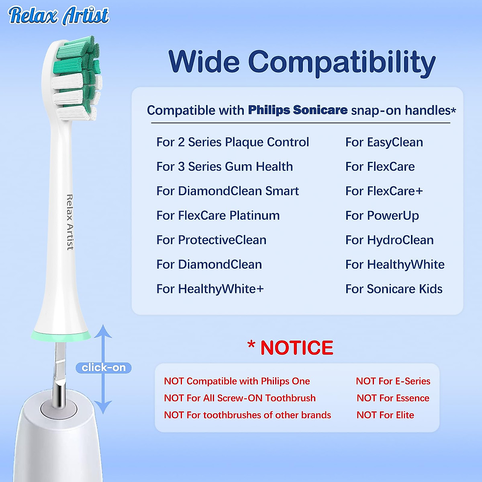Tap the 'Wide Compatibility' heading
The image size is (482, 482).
point(302,62)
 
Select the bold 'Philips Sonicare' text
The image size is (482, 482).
point(298,110)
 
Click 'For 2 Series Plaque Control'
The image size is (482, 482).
point(233,142)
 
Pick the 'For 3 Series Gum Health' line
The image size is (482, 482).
point(225,167)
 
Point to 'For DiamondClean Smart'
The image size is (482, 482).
point(227,191)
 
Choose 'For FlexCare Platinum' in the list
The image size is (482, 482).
point(218,216)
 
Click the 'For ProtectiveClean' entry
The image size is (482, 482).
point(211,240)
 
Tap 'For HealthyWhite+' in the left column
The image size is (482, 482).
point(210,289)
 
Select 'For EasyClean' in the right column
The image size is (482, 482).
point(384,142)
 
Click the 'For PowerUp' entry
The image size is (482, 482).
point(382,216)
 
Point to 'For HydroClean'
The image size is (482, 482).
point(389,240)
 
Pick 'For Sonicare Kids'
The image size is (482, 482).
point(394,289)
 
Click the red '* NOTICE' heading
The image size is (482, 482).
point(290,347)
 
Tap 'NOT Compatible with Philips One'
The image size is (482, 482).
point(237,381)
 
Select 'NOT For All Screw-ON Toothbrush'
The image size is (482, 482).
point(240,398)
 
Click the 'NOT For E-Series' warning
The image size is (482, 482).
point(393,381)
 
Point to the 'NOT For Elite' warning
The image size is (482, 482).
point(385,415)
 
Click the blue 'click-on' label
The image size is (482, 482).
point(104,368)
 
